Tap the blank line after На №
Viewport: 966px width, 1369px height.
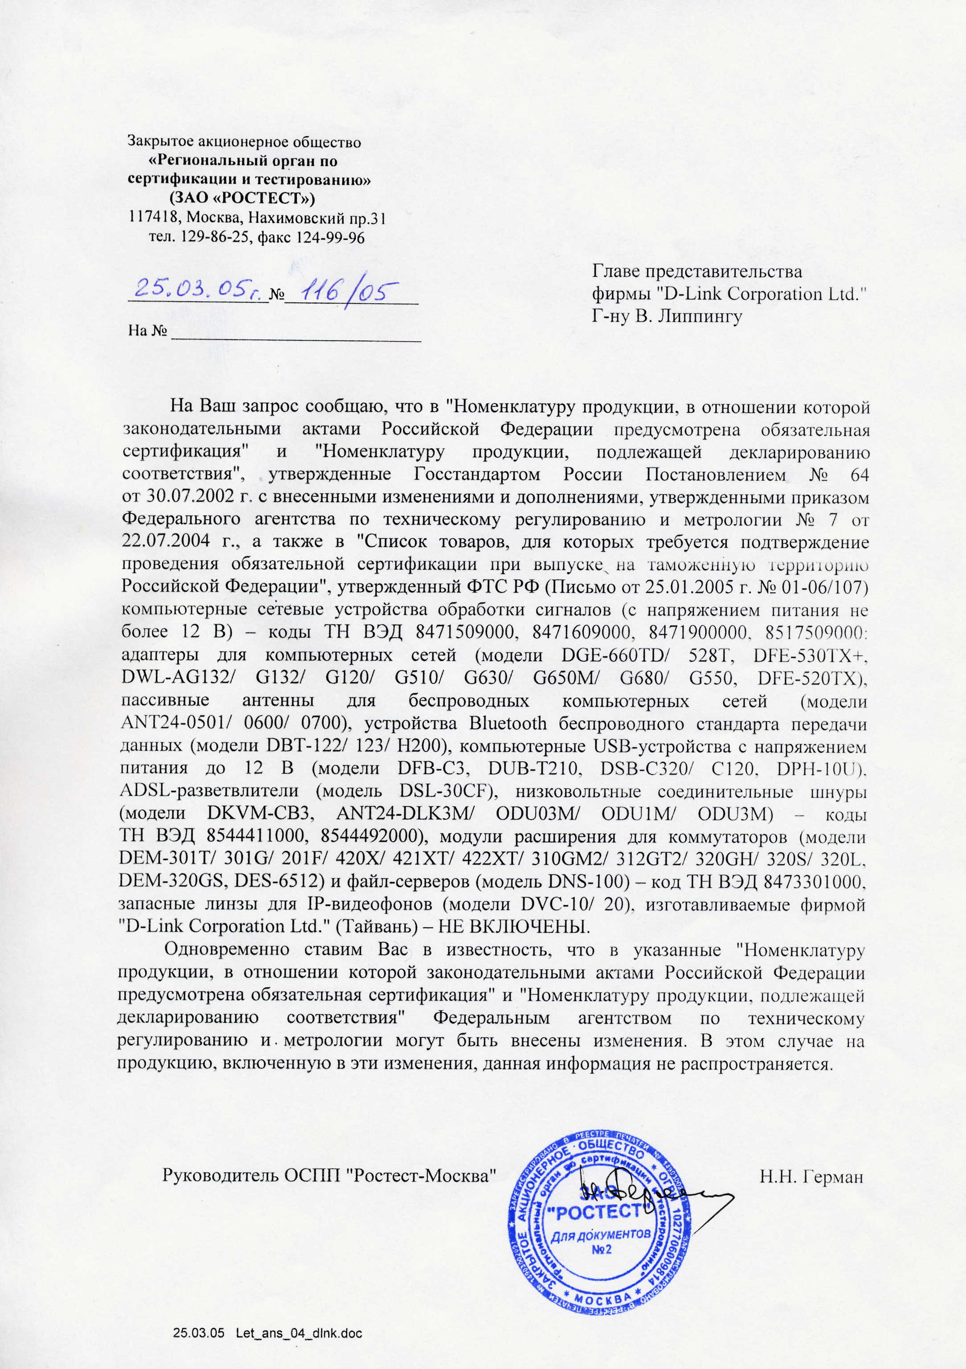click(x=296, y=335)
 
